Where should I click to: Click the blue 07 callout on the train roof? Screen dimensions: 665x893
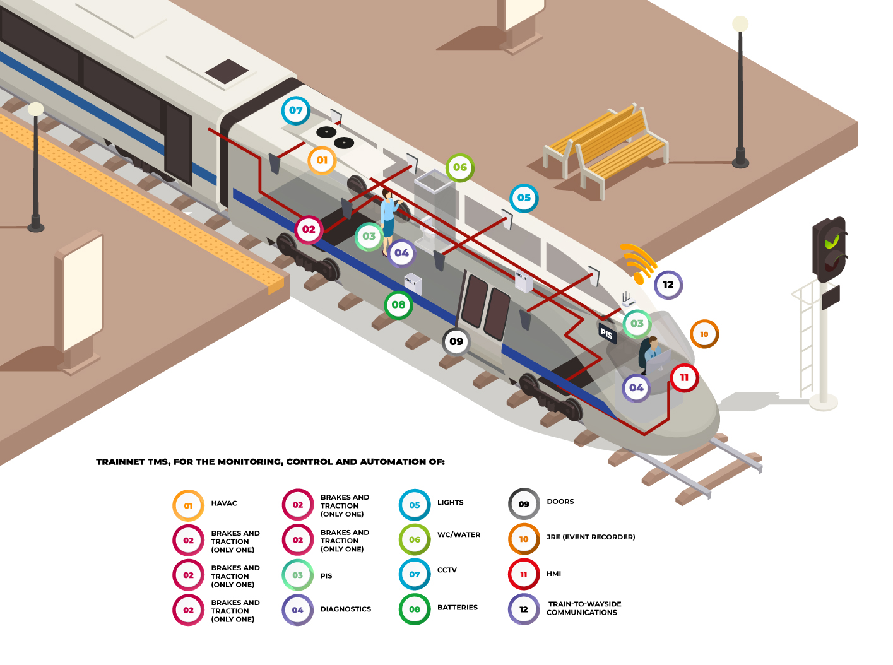click(295, 110)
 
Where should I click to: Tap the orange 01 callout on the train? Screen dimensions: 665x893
click(322, 160)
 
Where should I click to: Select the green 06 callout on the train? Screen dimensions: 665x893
click(460, 167)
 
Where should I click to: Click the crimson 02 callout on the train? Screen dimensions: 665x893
click(309, 229)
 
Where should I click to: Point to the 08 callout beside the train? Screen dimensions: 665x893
click(398, 305)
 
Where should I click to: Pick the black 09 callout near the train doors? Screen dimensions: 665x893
click(456, 341)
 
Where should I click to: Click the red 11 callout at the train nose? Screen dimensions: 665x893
click(684, 378)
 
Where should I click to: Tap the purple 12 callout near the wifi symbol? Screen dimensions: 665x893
click(668, 285)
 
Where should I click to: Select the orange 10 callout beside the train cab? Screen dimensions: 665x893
click(704, 334)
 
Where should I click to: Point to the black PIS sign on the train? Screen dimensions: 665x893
click(606, 333)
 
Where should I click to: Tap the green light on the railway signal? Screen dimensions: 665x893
click(833, 240)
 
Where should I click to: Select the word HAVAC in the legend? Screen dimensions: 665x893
click(224, 503)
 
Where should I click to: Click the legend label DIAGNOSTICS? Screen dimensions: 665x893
click(345, 609)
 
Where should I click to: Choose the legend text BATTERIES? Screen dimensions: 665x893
click(458, 608)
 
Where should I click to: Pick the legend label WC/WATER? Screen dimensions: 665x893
click(459, 535)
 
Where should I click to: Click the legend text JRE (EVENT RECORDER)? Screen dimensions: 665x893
click(591, 538)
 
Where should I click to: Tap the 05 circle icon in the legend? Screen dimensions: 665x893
click(415, 505)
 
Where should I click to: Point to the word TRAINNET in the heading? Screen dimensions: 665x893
click(120, 462)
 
